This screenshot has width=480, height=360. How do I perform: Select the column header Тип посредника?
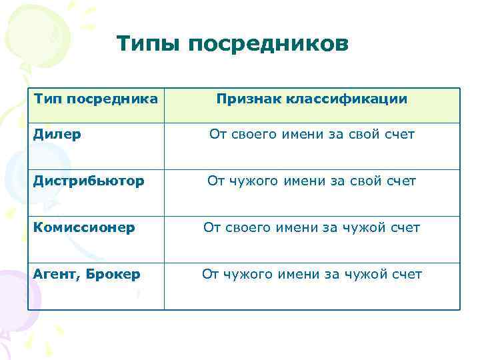96,99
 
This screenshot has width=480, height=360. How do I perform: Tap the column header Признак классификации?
311,99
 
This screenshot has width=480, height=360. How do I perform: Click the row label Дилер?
57,135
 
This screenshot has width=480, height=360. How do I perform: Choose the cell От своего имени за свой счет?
311,135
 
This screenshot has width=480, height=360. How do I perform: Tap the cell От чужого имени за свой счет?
311,181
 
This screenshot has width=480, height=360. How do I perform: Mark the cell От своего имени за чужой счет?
311,228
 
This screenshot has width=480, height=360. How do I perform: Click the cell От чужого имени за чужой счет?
311,275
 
